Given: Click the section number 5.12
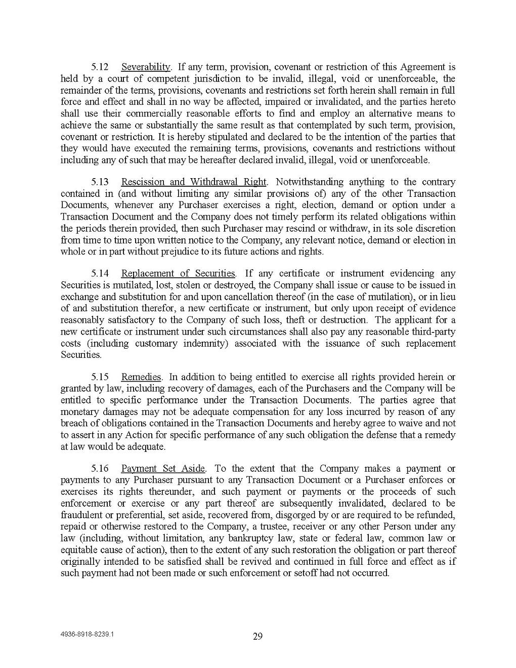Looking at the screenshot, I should pyautogui.click(x=99, y=67).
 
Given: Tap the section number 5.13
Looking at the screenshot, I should pyautogui.click(x=99, y=182).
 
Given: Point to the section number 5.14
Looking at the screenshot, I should pyautogui.click(x=99, y=274).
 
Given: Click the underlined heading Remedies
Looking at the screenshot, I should pyautogui.click(x=141, y=377).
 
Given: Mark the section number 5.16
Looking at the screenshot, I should pyautogui.click(x=99, y=469).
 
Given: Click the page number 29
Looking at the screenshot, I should pyautogui.click(x=257, y=637).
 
